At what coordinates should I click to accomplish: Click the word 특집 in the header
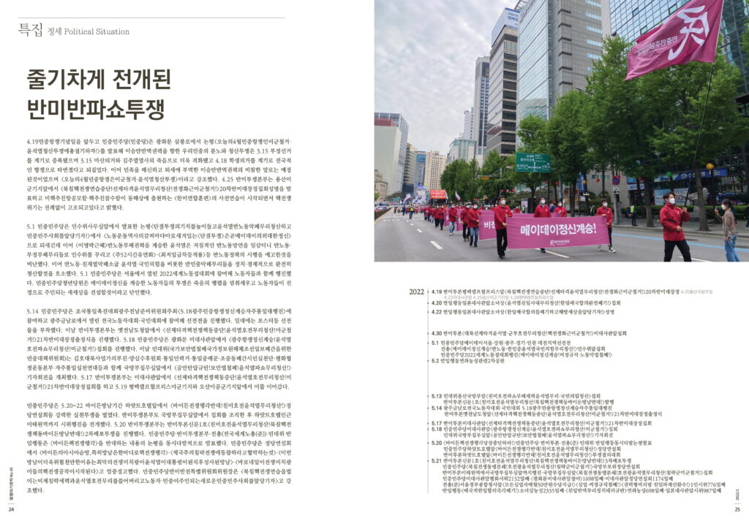pyautogui.click(x=31, y=30)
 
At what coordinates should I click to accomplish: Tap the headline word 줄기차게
pyautogui.click(x=65, y=80)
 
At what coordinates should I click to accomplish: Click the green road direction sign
pyautogui.click(x=532, y=162)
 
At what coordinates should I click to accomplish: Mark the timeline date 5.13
pyautogui.click(x=437, y=395)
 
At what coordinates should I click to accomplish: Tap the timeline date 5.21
pyautogui.click(x=437, y=460)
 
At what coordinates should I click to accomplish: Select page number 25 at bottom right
pyautogui.click(x=737, y=509)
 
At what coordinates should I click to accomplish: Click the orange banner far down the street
pyautogui.click(x=438, y=194)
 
